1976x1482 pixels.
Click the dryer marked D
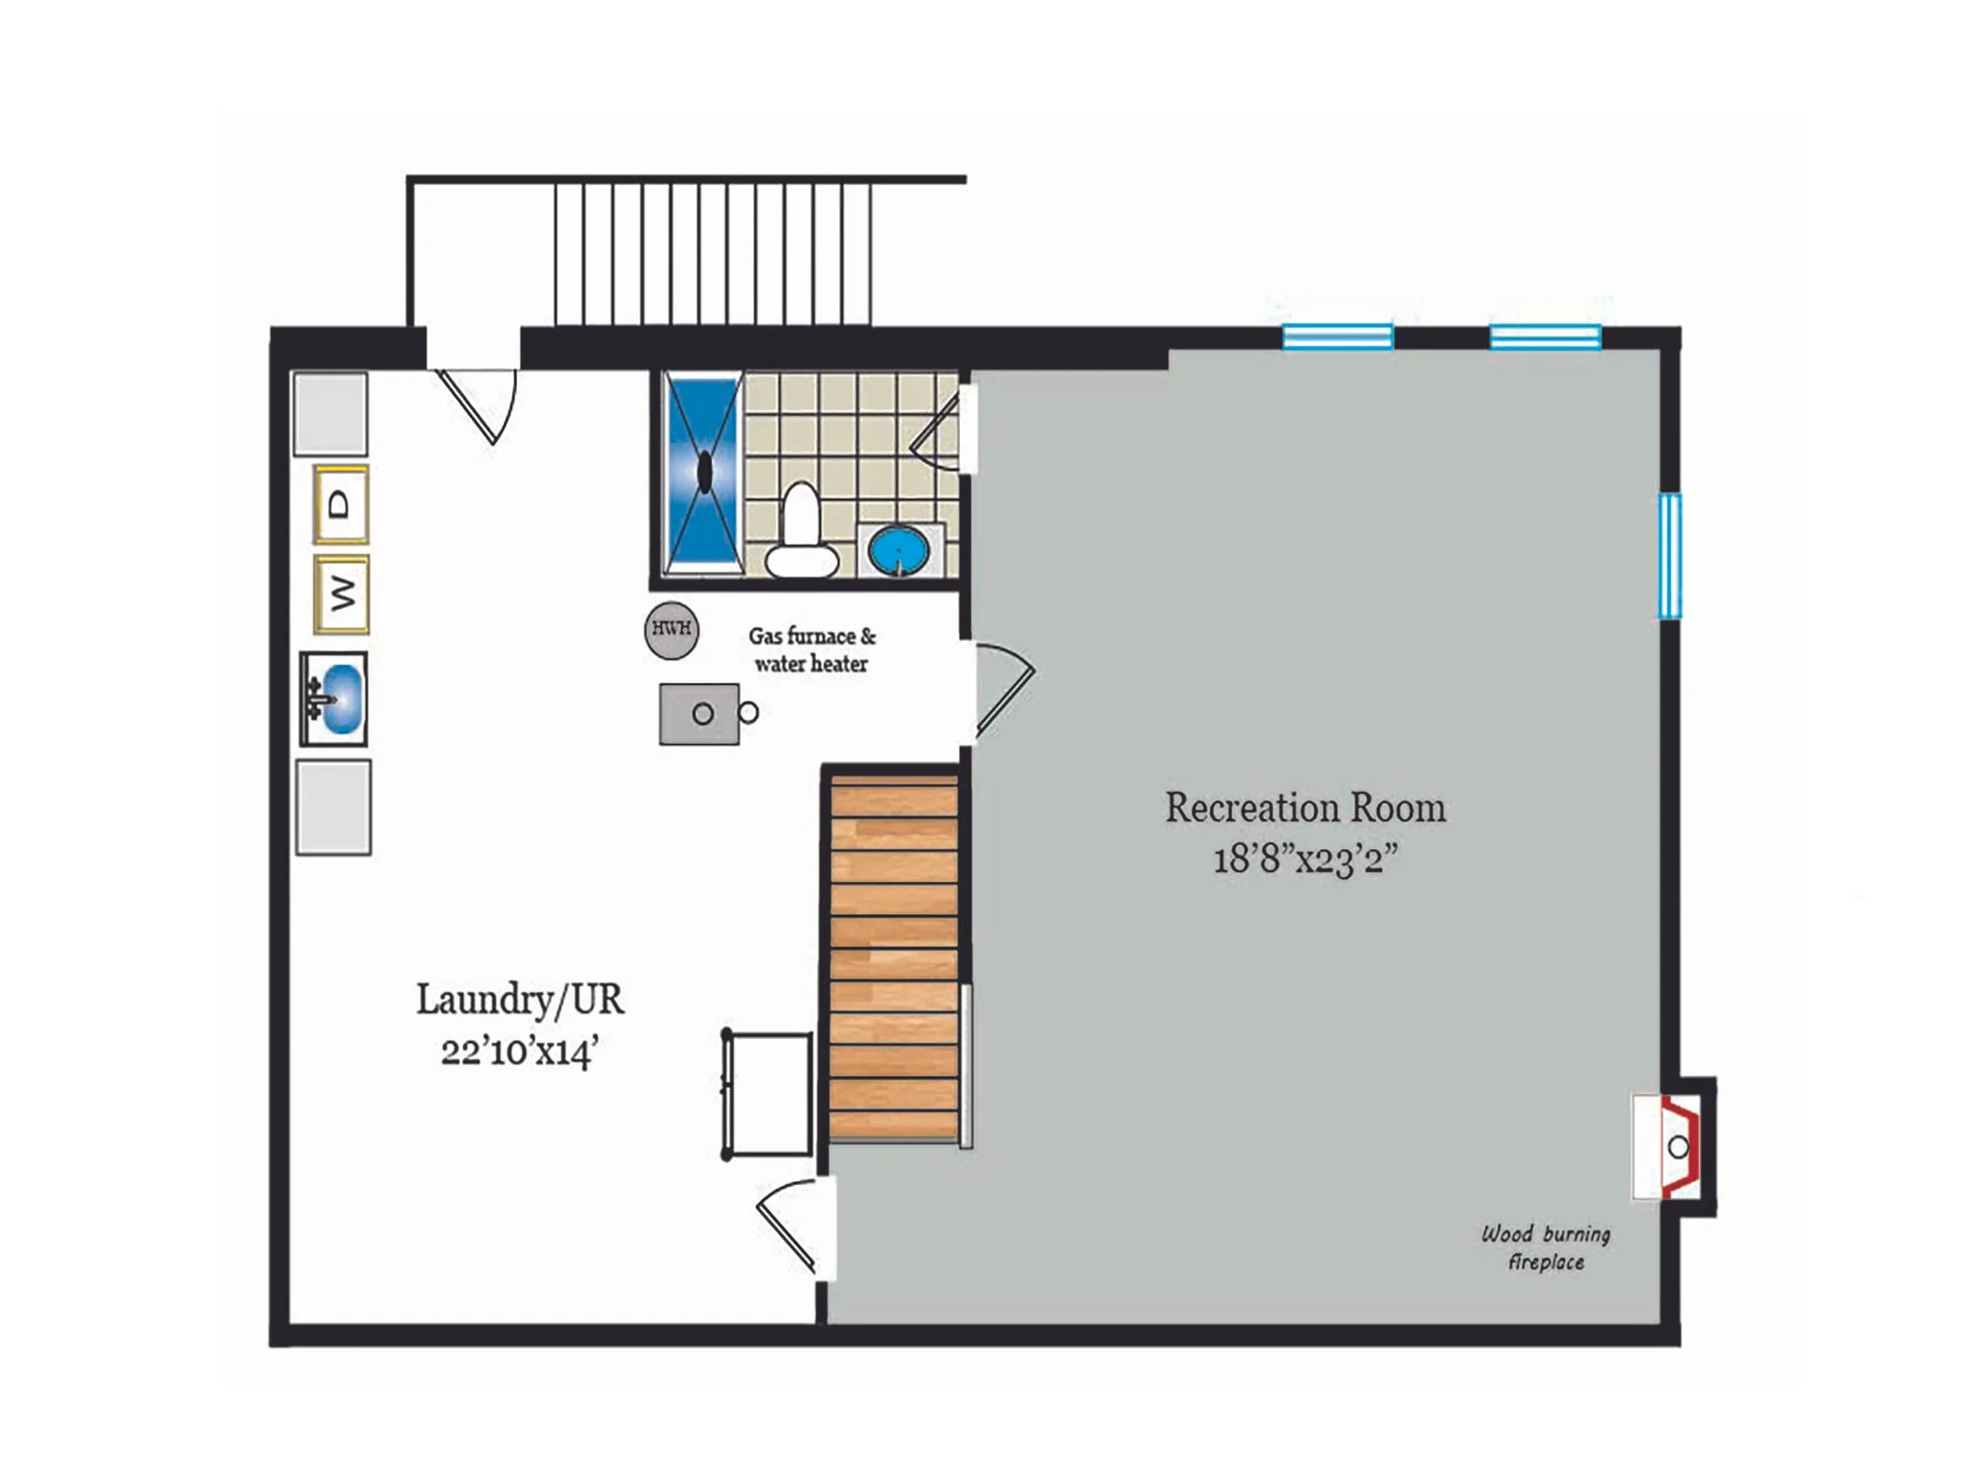(341, 504)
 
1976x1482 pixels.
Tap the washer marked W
(341, 593)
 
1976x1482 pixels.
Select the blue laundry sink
(334, 699)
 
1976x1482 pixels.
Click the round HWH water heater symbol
(672, 630)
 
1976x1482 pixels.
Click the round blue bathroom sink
(899, 551)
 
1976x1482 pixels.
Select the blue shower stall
(703, 474)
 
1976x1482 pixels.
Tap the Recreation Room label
(1305, 809)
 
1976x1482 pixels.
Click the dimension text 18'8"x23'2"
(1305, 858)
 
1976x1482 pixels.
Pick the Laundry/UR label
(520, 1000)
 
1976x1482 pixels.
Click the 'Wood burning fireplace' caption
(1546, 1248)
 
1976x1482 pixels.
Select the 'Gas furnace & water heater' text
(812, 649)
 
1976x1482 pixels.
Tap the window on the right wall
(1670, 555)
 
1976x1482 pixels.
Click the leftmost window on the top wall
(1338, 337)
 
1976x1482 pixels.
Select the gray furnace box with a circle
(700, 714)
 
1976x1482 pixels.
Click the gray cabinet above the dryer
(330, 414)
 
